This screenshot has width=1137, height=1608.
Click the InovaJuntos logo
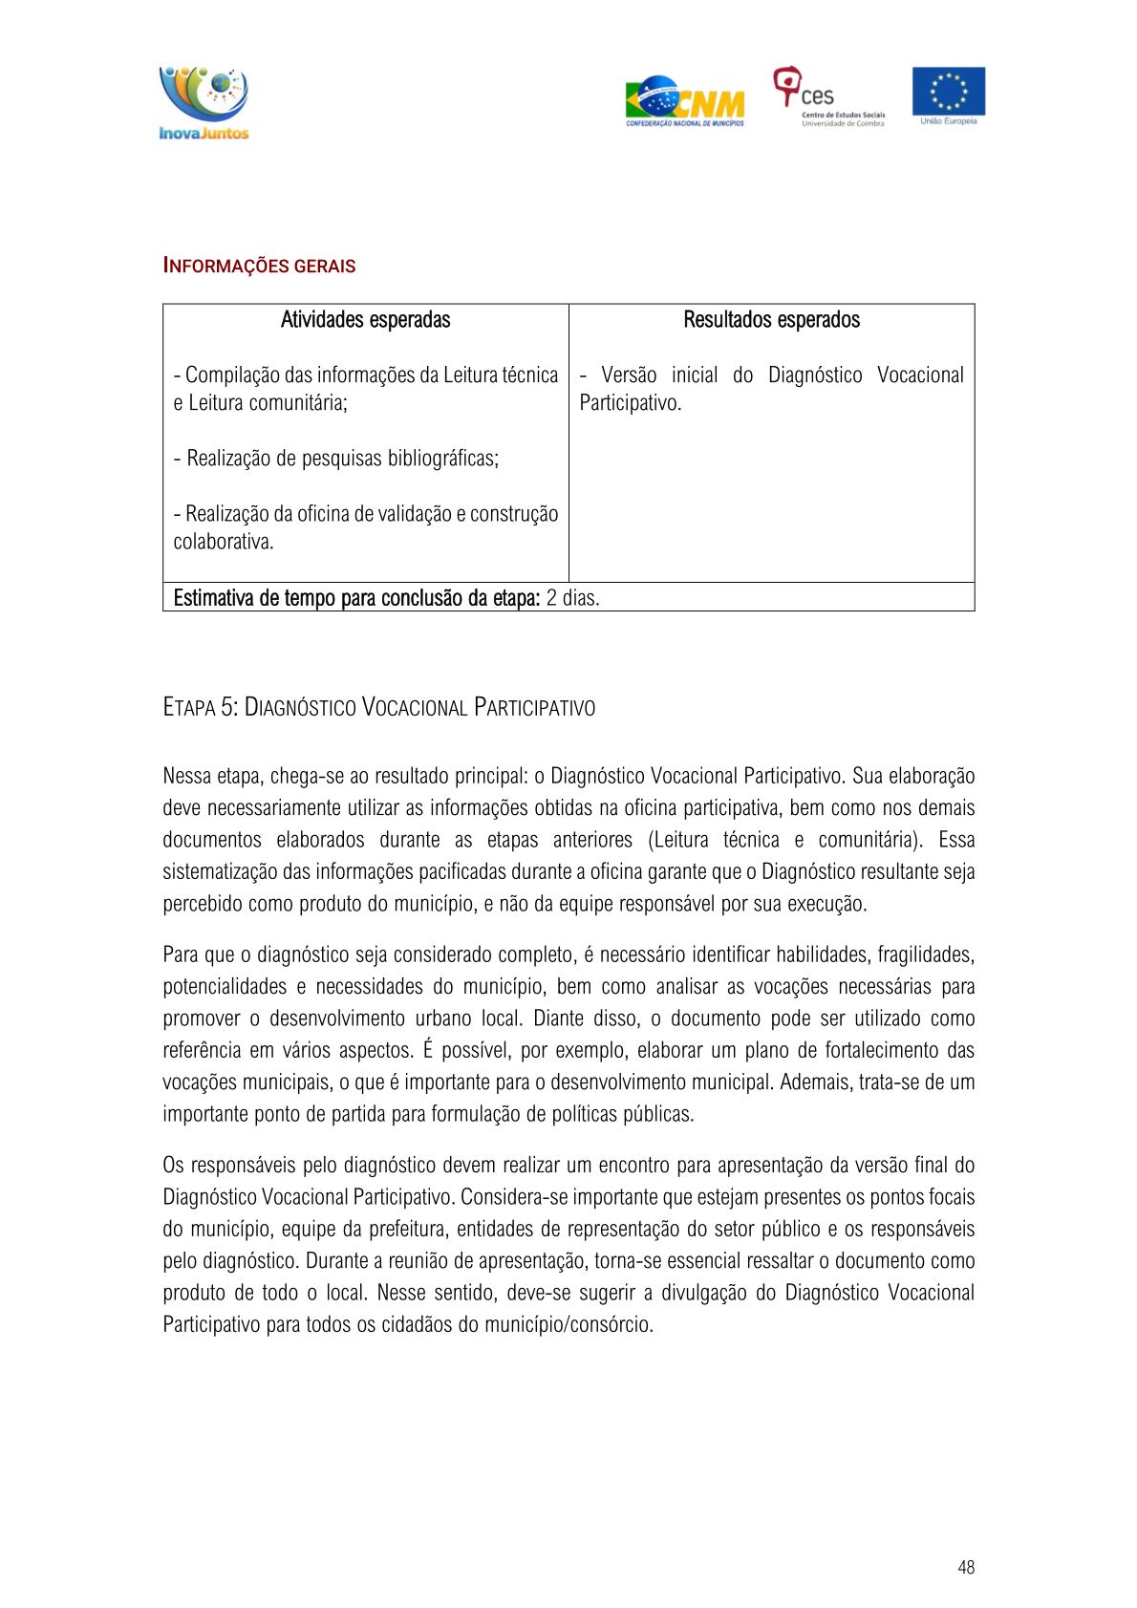(x=204, y=103)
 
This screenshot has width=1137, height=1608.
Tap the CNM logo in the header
(x=685, y=101)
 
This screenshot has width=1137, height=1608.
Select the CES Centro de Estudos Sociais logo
(x=827, y=96)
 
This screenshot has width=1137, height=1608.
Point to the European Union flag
(x=948, y=92)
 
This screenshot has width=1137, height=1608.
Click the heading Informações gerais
(x=259, y=267)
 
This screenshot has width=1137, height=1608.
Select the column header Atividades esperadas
(x=365, y=320)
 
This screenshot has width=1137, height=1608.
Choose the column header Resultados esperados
(x=771, y=320)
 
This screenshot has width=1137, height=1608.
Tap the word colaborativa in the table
(x=223, y=542)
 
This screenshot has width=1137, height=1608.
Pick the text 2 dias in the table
(x=573, y=599)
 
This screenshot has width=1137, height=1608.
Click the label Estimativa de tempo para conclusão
(x=356, y=599)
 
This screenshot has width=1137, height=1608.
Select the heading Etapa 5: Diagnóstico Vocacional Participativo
(x=378, y=708)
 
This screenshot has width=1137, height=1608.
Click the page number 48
(x=966, y=1567)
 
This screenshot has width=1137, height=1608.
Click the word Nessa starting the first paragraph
(x=187, y=776)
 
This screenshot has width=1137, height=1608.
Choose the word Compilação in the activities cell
(x=232, y=375)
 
